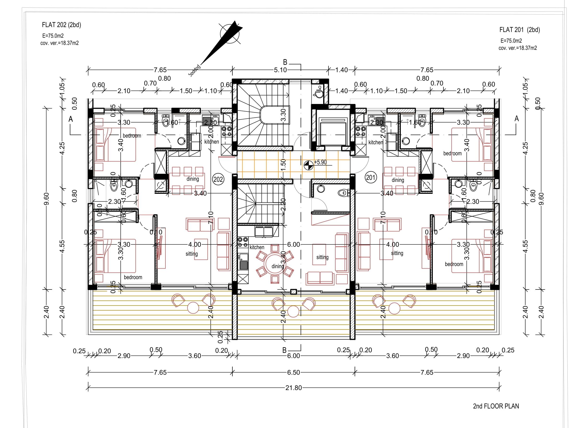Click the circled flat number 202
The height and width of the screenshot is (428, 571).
coord(218,179)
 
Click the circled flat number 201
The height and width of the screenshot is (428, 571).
coord(371,178)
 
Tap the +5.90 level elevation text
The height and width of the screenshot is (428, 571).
coord(320,162)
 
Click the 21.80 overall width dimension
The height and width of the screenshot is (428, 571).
coord(294,388)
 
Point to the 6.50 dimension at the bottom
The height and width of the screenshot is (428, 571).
coord(294,372)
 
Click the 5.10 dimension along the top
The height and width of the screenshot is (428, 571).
coord(280,70)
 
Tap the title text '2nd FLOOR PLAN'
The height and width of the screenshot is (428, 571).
coord(496,406)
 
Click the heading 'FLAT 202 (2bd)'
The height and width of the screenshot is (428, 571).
coord(62,25)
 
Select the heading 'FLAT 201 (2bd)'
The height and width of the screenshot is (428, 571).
coord(519,30)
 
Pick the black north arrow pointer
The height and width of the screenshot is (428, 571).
coord(225,41)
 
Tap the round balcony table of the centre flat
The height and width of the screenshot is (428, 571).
coord(293,312)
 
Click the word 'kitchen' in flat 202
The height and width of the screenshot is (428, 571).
coord(211,142)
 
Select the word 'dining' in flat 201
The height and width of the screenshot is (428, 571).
coord(397,180)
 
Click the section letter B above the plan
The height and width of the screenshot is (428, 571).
coord(285,62)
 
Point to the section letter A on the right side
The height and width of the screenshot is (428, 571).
coord(516,119)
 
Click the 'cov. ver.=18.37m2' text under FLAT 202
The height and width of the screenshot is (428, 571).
coord(59,43)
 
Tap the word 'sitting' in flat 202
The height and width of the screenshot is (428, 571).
coord(192,254)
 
